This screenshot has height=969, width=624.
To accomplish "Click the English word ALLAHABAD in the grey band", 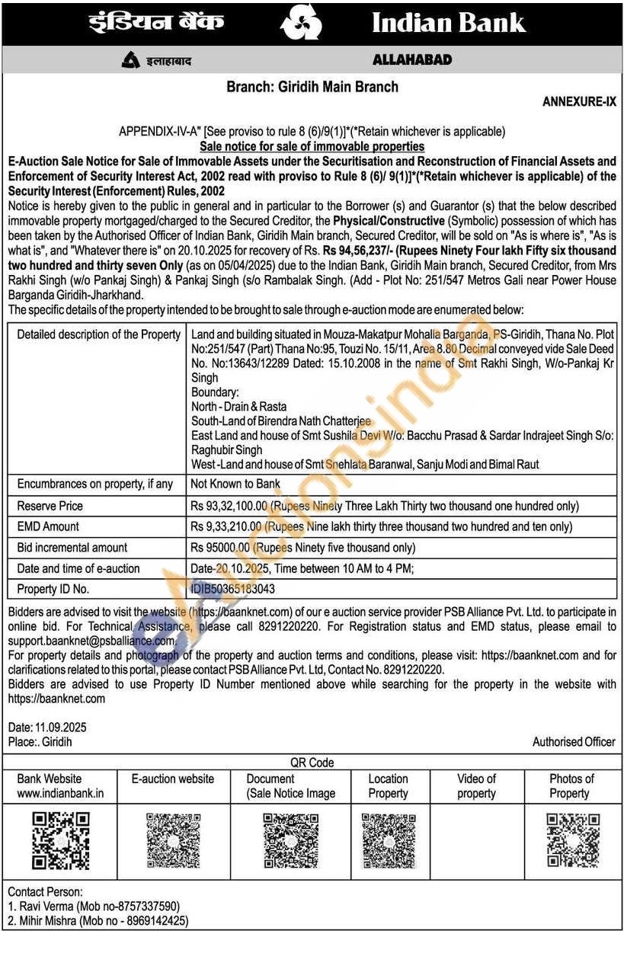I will click(x=412, y=60).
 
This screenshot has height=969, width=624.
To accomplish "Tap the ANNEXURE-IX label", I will click(x=579, y=102).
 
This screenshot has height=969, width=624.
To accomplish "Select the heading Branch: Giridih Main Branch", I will click(x=312, y=87).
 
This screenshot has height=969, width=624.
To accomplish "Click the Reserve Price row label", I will click(x=50, y=506).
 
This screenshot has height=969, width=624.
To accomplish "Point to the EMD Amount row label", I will click(x=48, y=526).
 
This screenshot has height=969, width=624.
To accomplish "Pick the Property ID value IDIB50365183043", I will click(x=233, y=589).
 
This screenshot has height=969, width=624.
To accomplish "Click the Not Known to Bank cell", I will click(x=235, y=484).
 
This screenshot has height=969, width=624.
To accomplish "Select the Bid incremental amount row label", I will click(x=72, y=547).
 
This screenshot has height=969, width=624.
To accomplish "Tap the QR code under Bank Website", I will click(x=60, y=840).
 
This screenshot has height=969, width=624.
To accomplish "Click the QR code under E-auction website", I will click(x=173, y=840).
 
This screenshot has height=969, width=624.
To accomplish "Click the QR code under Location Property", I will click(x=389, y=840).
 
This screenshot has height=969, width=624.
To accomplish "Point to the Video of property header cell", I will click(x=476, y=785).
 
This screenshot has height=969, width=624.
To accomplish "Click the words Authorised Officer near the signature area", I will click(x=574, y=741).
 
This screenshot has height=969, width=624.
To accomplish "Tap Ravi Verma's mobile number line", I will click(x=94, y=907).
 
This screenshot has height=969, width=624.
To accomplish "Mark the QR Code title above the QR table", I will click(x=312, y=762).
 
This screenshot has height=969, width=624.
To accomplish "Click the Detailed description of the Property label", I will click(x=99, y=334).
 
